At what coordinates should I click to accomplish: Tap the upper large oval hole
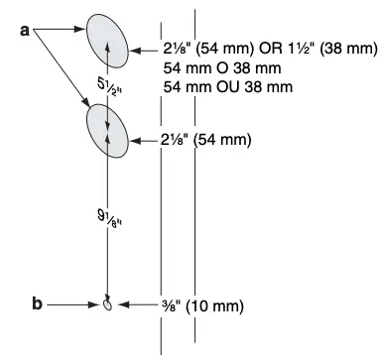(x=107, y=43)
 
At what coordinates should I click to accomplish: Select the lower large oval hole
(x=107, y=130)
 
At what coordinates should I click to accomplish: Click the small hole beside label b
(x=108, y=304)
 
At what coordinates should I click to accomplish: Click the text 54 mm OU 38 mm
(x=227, y=86)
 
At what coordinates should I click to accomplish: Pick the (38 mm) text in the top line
(x=347, y=49)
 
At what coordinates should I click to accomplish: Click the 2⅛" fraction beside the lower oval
(x=176, y=140)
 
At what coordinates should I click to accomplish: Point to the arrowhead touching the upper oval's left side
(x=84, y=32)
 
